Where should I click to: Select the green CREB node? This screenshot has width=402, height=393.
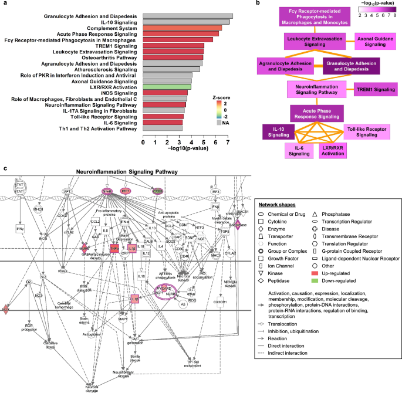[157, 191]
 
